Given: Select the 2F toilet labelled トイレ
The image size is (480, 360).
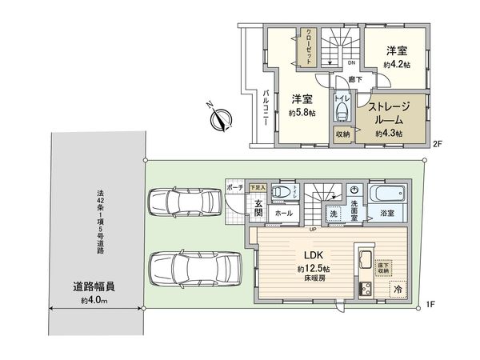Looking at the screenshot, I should pyautogui.click(x=341, y=106).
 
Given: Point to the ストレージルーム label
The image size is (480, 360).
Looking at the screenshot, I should pyautogui.click(x=389, y=112).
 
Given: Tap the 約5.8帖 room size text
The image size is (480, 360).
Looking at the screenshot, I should pyautogui.click(x=302, y=114).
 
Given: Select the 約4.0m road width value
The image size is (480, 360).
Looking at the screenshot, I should pyautogui.click(x=94, y=301).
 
